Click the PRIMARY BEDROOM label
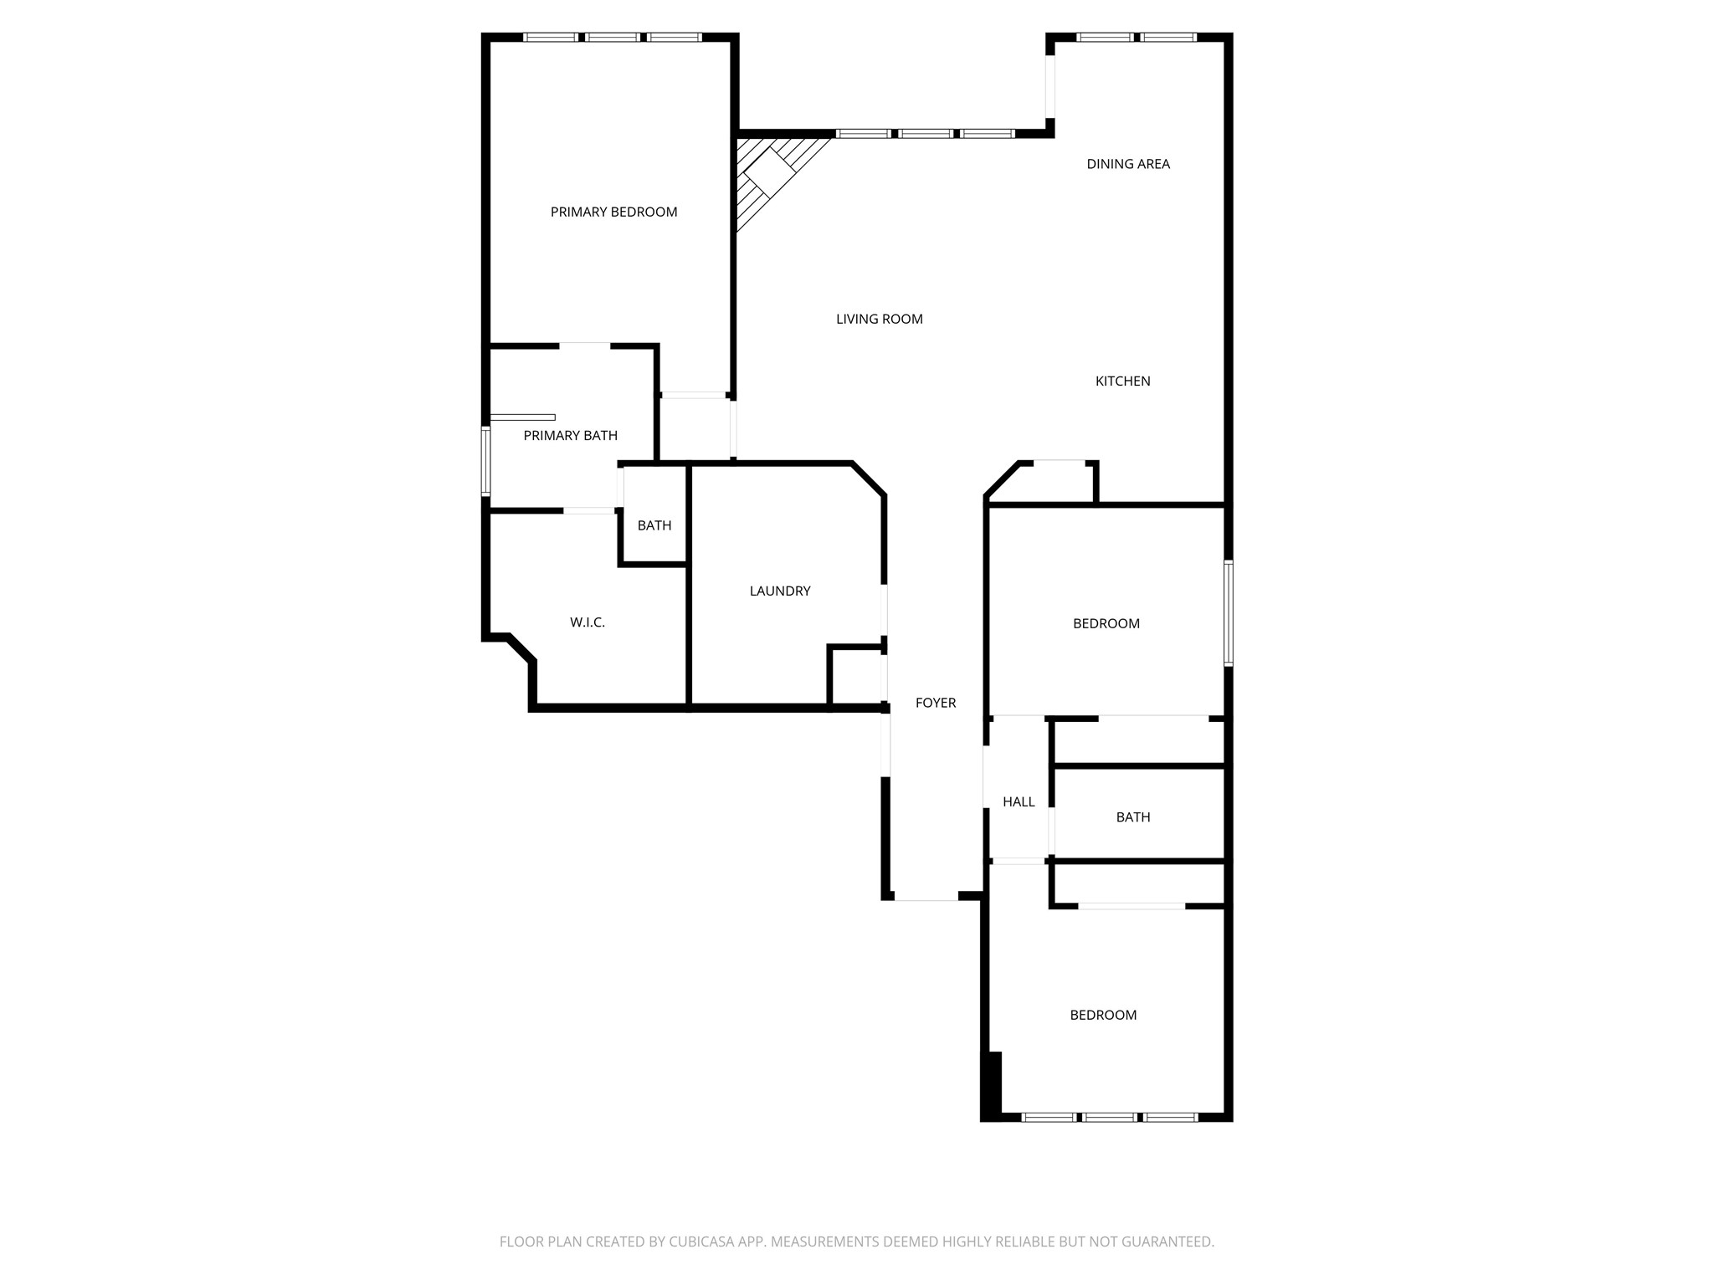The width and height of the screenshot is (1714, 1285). pos(613,212)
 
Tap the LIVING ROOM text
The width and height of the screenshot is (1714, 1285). pos(879,319)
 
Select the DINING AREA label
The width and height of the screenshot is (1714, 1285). pos(1127,164)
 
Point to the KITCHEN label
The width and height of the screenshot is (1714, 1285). pos(1122,381)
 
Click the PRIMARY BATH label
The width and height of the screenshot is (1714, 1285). pos(570,436)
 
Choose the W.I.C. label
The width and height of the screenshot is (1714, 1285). pos(587,622)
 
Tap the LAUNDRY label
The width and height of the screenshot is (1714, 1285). pos(779,591)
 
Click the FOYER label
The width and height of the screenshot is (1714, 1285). pos(935,704)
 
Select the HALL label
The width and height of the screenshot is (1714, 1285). pos(1019,802)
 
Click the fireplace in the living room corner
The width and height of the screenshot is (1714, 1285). pos(769,176)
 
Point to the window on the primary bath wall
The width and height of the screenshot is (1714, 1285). pos(485,461)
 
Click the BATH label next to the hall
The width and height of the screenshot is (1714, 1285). pos(1132,817)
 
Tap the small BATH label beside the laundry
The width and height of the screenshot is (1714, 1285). pos(654,526)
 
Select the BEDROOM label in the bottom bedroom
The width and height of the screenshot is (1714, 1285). pos(1102,1016)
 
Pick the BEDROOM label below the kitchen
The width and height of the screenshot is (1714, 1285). pos(1106,624)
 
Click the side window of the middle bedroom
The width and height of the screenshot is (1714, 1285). pos(1228,613)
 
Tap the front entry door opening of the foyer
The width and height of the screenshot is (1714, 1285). pos(926,899)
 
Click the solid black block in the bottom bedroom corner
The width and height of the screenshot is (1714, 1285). pos(992,1084)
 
